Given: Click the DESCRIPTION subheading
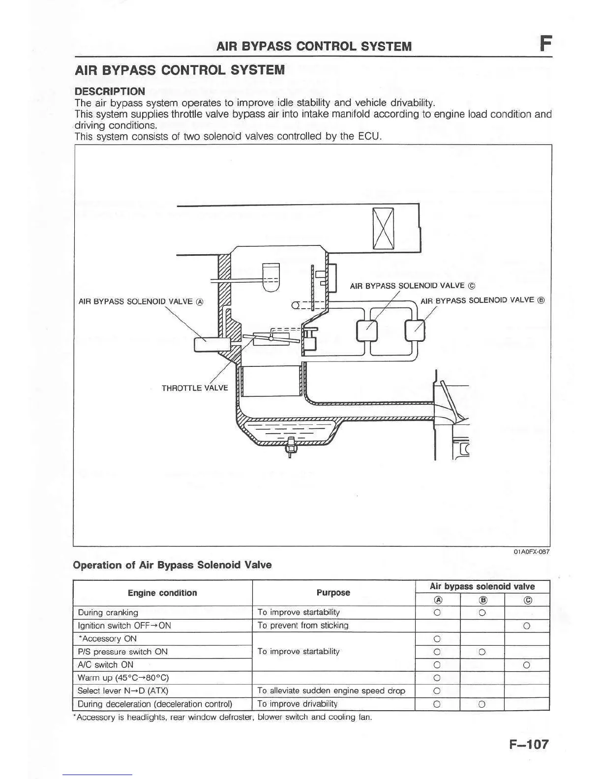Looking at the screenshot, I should [110, 91].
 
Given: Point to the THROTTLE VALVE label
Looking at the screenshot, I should [195, 388].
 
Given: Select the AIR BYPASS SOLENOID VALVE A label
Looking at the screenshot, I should [141, 301].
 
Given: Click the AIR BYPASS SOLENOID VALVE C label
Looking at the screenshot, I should [412, 286].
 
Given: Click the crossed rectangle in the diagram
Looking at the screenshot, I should [383, 229].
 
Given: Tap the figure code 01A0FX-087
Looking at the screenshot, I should [531, 552].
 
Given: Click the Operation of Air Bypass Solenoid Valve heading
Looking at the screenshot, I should [172, 565].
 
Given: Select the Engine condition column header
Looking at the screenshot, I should [162, 593].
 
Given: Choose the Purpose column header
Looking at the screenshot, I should [333, 593].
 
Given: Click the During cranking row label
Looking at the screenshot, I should [108, 613].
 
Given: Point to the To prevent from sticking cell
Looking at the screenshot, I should [303, 626].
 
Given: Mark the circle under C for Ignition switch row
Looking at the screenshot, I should [526, 626].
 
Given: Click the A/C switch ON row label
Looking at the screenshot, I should [106, 665].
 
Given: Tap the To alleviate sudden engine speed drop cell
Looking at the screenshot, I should [331, 691].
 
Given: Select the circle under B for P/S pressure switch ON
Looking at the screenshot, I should [482, 652].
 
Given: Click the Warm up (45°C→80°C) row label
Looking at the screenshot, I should [123, 678].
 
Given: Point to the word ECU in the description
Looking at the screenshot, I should [369, 136].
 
